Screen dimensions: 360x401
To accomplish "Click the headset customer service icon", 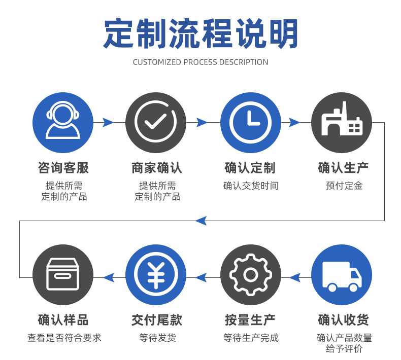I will click(63, 123).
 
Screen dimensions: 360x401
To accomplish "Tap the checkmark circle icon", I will click(155, 123).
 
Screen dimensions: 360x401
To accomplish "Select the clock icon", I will click(250, 123).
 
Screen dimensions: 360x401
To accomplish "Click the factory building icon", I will click(341, 123).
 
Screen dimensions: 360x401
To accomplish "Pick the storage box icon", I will click(63, 274).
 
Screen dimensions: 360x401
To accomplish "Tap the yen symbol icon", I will click(155, 274).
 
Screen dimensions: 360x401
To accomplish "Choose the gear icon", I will click(250, 274).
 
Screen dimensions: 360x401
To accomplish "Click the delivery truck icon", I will click(341, 274).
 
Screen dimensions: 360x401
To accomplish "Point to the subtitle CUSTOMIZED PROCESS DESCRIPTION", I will click(201, 62).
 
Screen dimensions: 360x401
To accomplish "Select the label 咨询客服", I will click(63, 167).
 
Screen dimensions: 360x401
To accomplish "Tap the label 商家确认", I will click(156, 167).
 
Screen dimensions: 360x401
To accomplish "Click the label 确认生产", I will click(343, 167).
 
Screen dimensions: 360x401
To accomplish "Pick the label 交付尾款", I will click(156, 320).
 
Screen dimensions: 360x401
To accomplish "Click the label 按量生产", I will click(250, 320).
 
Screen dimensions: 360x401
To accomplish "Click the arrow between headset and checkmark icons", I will click(108, 122).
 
